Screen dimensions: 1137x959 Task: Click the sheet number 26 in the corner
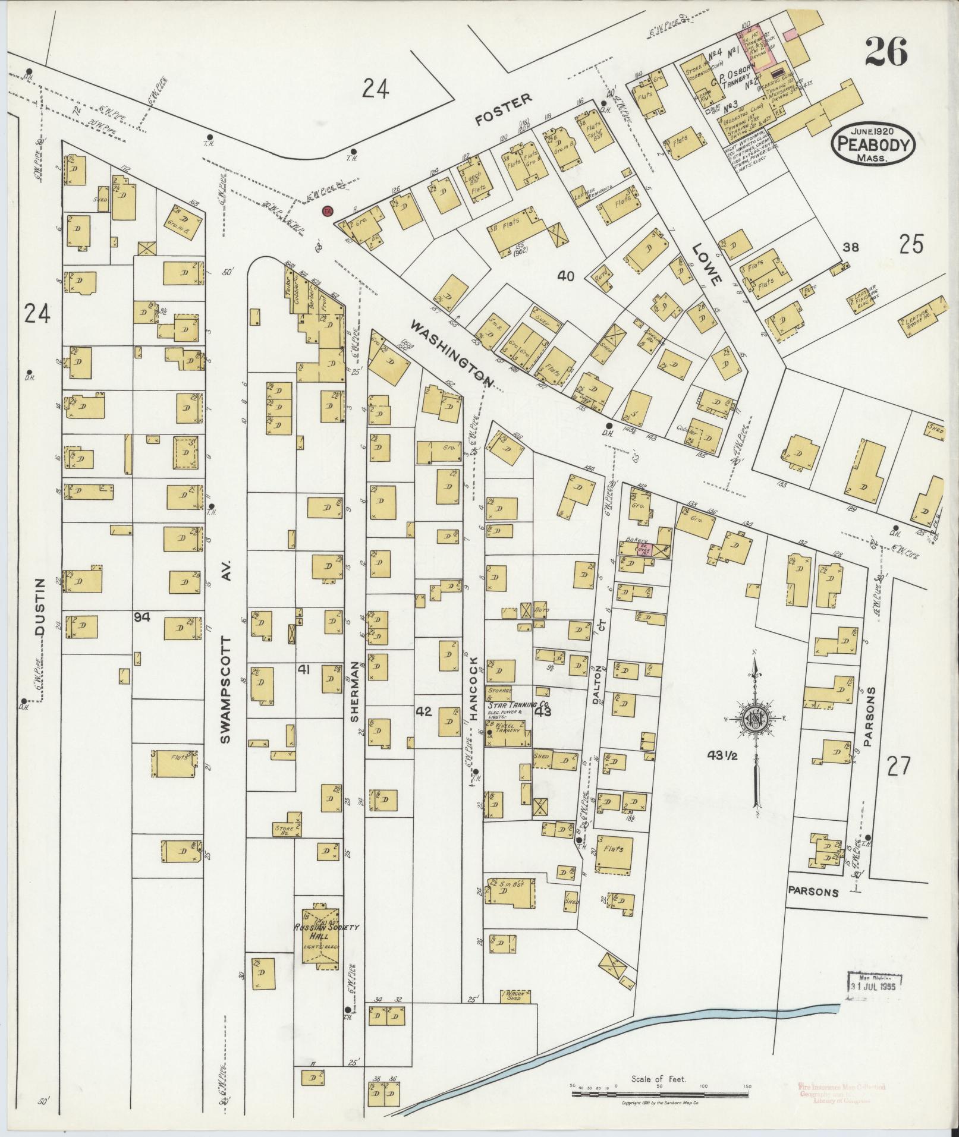(886, 53)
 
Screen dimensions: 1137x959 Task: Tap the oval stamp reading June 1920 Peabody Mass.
(873, 144)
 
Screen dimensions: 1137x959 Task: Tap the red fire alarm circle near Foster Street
(326, 211)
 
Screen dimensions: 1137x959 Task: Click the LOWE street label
(709, 263)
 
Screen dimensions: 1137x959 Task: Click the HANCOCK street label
(474, 689)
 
